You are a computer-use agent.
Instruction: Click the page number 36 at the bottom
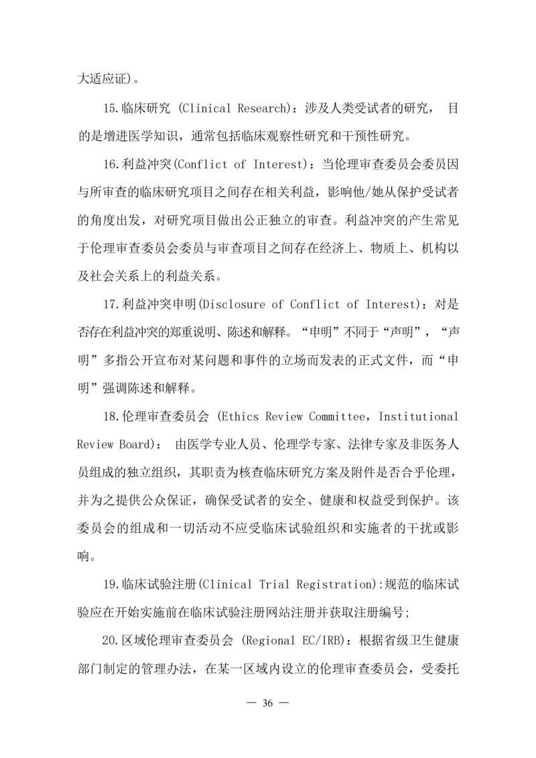coord(267,704)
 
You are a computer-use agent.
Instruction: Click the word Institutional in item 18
coord(418,416)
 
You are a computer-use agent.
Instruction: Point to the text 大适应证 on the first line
coord(101,80)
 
